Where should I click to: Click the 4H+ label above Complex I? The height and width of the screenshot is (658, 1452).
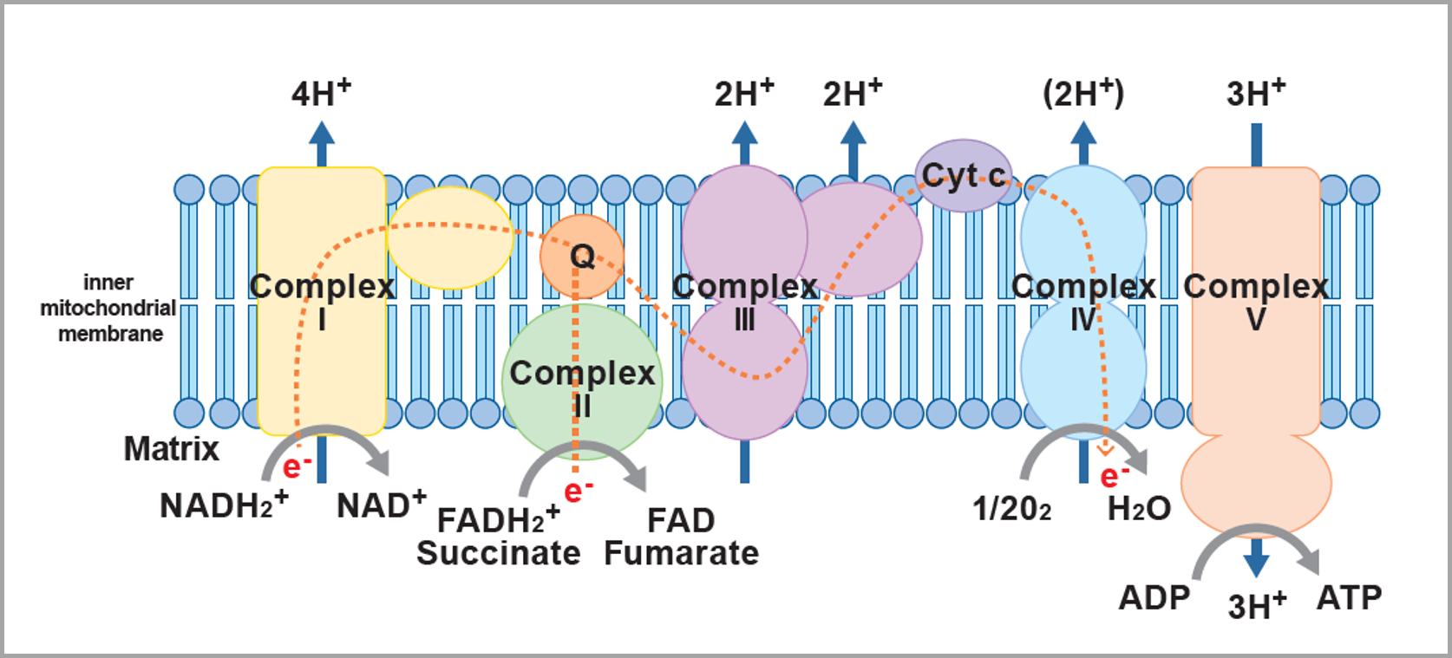[321, 93]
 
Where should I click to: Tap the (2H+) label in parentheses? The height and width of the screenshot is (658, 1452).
[1082, 93]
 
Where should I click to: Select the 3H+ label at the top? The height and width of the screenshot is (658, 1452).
[1255, 93]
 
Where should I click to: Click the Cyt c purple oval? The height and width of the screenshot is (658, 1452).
[963, 176]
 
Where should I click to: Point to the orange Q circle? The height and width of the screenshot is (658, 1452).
[582, 256]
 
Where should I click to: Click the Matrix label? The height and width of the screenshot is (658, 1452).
[172, 449]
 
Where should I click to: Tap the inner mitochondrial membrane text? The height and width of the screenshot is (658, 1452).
[108, 308]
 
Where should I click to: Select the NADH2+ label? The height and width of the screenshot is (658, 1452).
[223, 505]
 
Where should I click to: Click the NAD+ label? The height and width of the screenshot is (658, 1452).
[381, 505]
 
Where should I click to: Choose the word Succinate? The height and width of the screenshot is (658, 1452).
[498, 553]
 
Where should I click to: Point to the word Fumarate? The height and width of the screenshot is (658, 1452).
[681, 553]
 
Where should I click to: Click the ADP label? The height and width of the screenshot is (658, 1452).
[1154, 597]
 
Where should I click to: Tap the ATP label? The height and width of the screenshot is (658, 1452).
[1349, 597]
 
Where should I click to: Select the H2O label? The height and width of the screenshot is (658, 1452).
[1139, 509]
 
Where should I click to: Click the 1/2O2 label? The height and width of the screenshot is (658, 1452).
[1011, 509]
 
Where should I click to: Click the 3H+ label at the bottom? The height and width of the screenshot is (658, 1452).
[1256, 605]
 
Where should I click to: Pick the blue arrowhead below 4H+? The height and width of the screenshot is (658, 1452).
[322, 134]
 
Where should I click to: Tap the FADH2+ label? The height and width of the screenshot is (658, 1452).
[498, 519]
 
